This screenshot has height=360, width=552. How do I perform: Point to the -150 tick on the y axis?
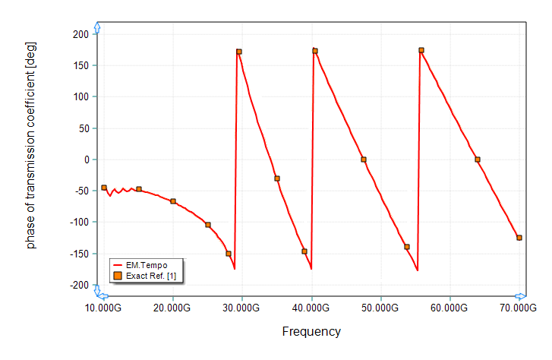[80, 254]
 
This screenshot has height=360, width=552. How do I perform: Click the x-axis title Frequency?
[311, 332]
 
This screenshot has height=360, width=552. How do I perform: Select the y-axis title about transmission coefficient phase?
[31, 145]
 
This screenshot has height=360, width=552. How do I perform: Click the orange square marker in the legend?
[118, 275]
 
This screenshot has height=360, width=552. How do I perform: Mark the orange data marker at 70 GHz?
[519, 238]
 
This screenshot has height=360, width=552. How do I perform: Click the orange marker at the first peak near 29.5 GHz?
[239, 52]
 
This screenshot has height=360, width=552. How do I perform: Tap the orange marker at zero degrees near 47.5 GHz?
[364, 159]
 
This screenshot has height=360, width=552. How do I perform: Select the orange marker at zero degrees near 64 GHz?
[478, 159]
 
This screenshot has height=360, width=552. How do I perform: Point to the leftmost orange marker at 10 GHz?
[104, 188]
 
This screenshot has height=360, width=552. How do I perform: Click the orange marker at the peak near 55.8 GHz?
[421, 50]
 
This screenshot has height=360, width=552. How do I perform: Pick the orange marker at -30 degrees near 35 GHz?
[277, 178]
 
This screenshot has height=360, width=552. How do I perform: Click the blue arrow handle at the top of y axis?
[96, 28]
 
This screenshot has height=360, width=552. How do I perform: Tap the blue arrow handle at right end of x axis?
[520, 296]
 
